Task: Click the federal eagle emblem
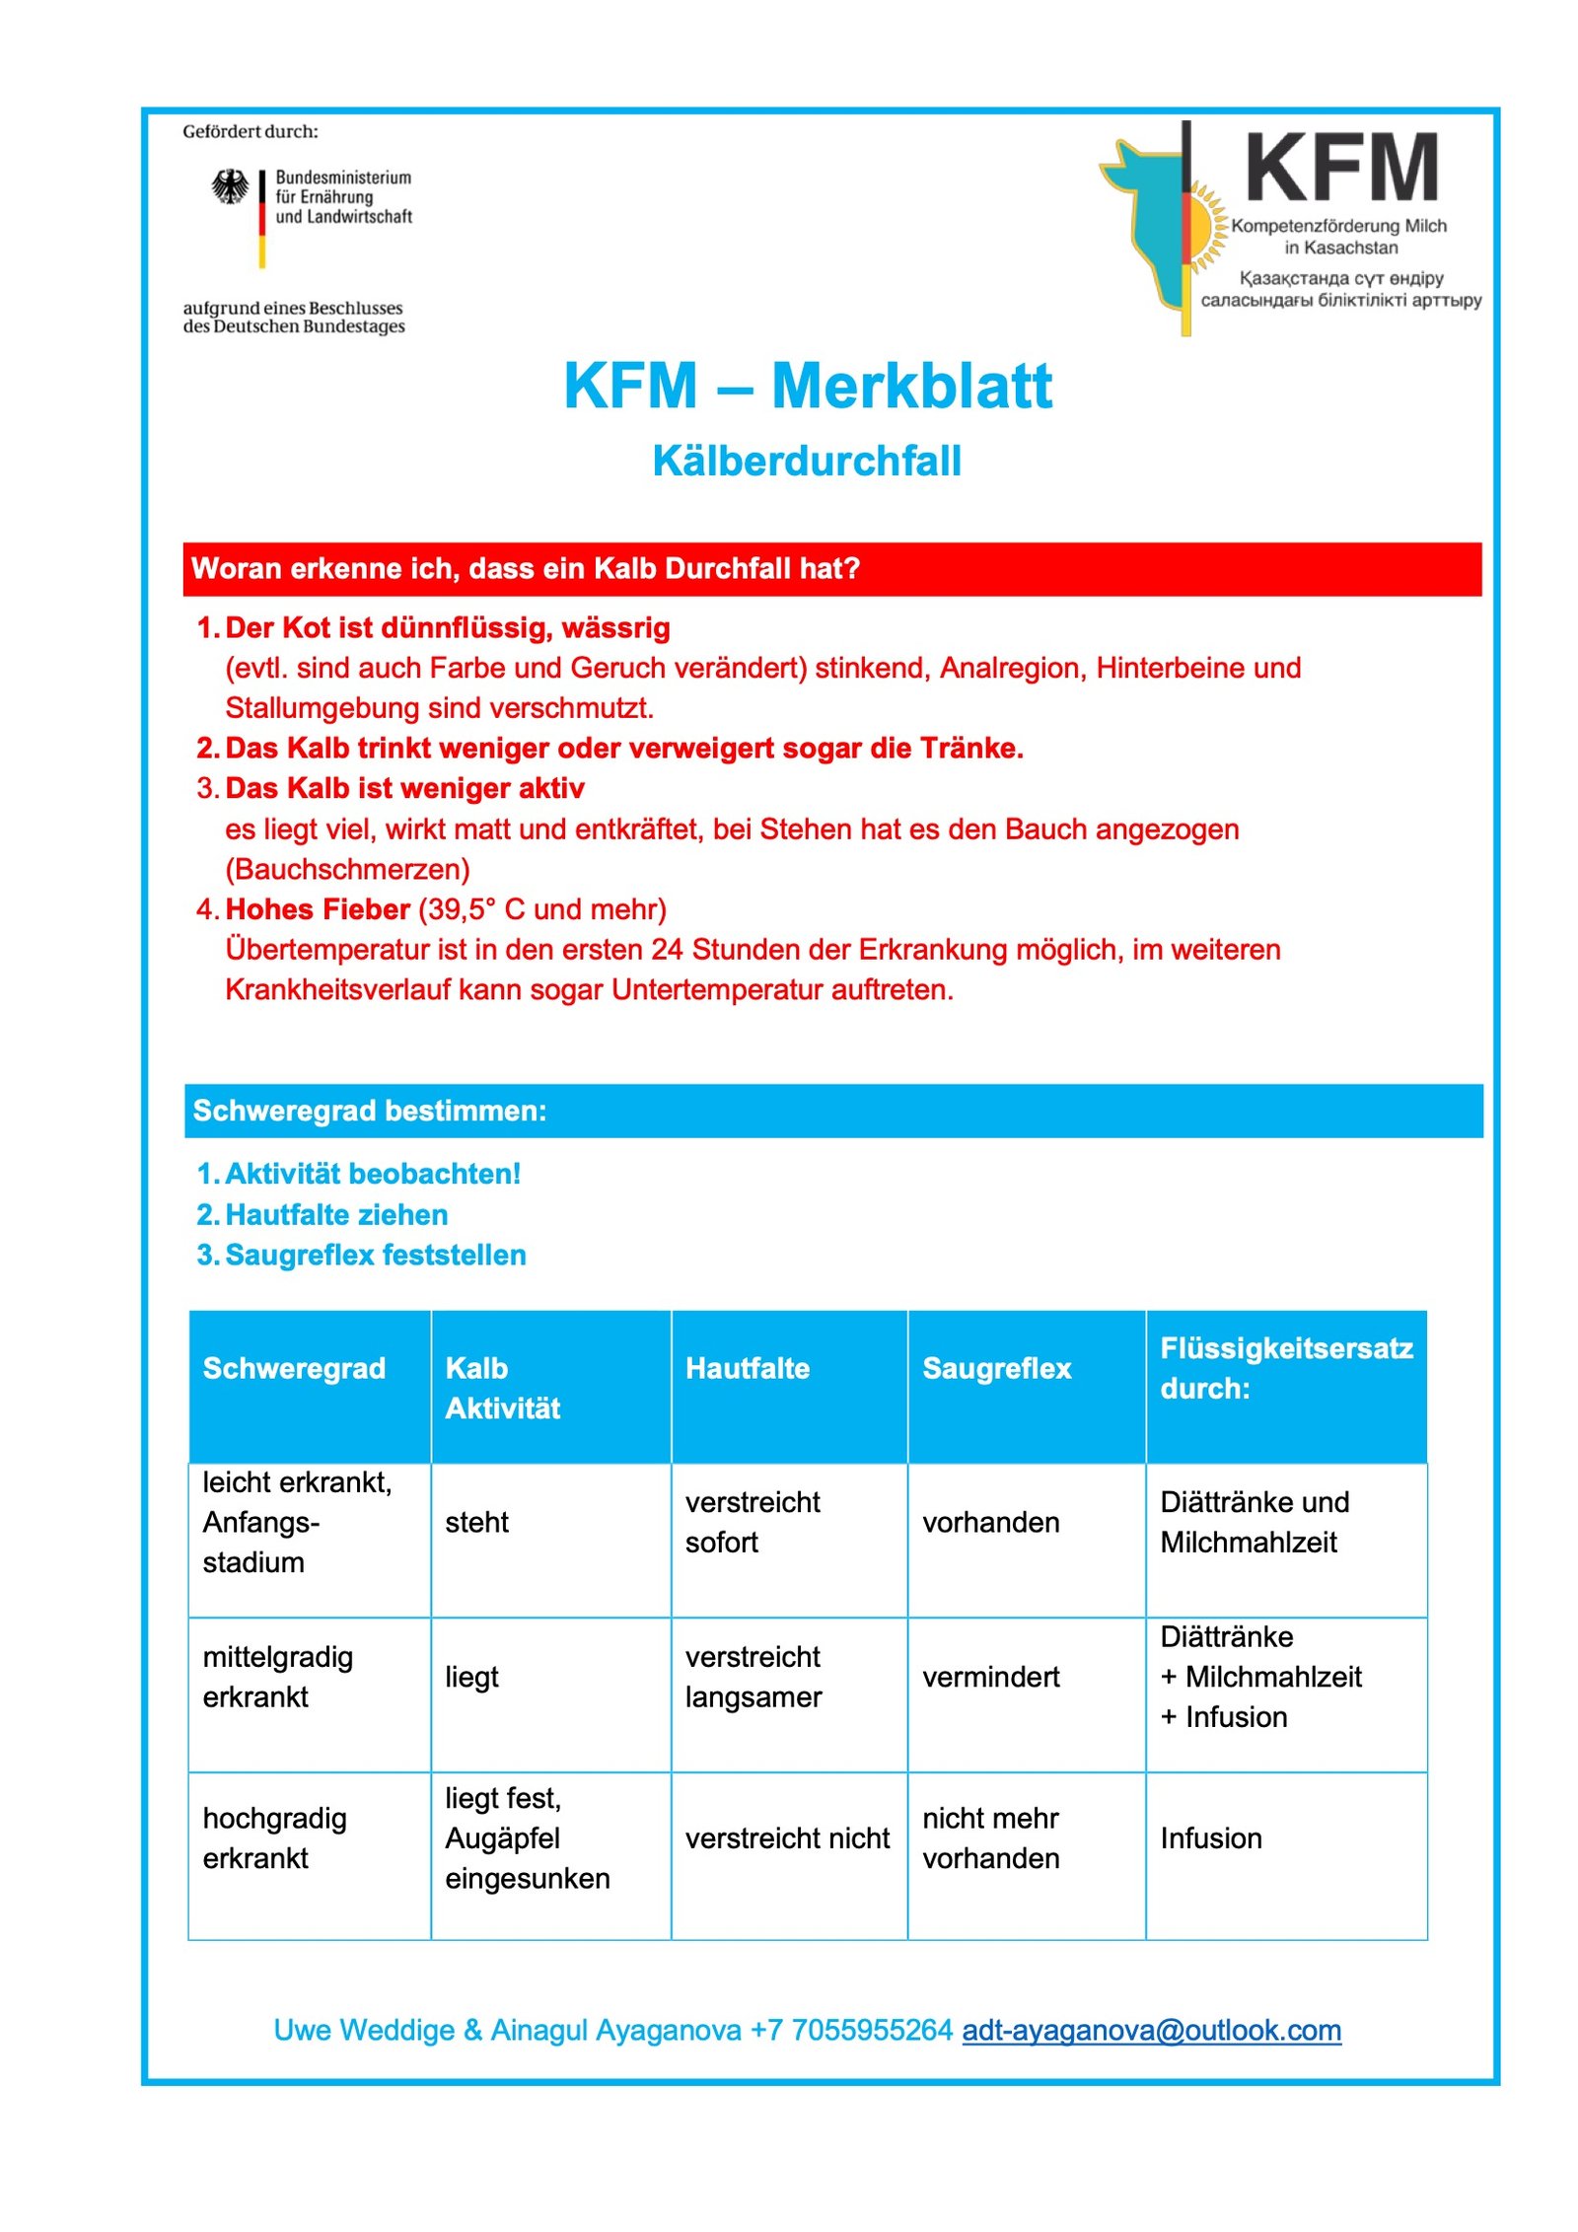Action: click(230, 186)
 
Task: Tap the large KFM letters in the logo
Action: click(1340, 169)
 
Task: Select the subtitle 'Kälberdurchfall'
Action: click(806, 461)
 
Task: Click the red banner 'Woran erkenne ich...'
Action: click(831, 569)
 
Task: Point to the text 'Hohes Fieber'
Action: click(318, 909)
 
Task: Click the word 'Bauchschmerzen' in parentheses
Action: click(347, 869)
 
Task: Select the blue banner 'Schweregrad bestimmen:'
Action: click(832, 1111)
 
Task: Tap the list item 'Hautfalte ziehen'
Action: click(336, 1214)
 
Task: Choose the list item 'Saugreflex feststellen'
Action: click(375, 1255)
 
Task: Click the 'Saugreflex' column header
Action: click(996, 1368)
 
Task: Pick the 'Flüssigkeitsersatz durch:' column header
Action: click(1285, 1368)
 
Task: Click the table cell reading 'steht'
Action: click(476, 1522)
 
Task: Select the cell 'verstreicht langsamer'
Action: click(753, 1677)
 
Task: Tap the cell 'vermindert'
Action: click(990, 1677)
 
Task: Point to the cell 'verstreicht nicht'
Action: click(786, 1838)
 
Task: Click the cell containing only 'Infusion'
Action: click(1210, 1838)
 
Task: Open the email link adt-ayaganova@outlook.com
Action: click(1150, 2030)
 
